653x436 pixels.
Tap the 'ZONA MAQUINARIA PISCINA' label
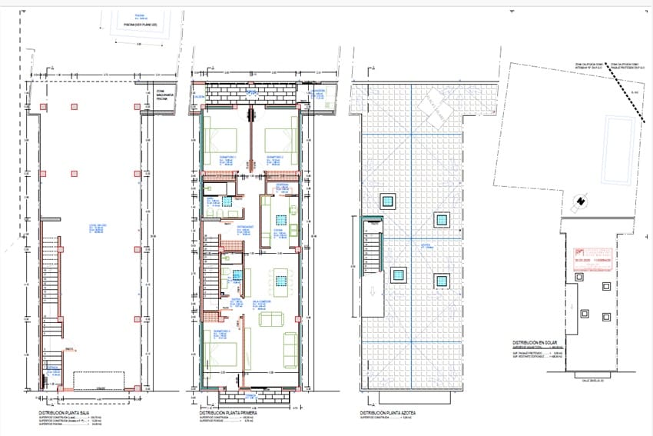(162, 95)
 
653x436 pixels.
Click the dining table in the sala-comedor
(281, 280)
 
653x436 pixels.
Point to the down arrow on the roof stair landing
(372, 291)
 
